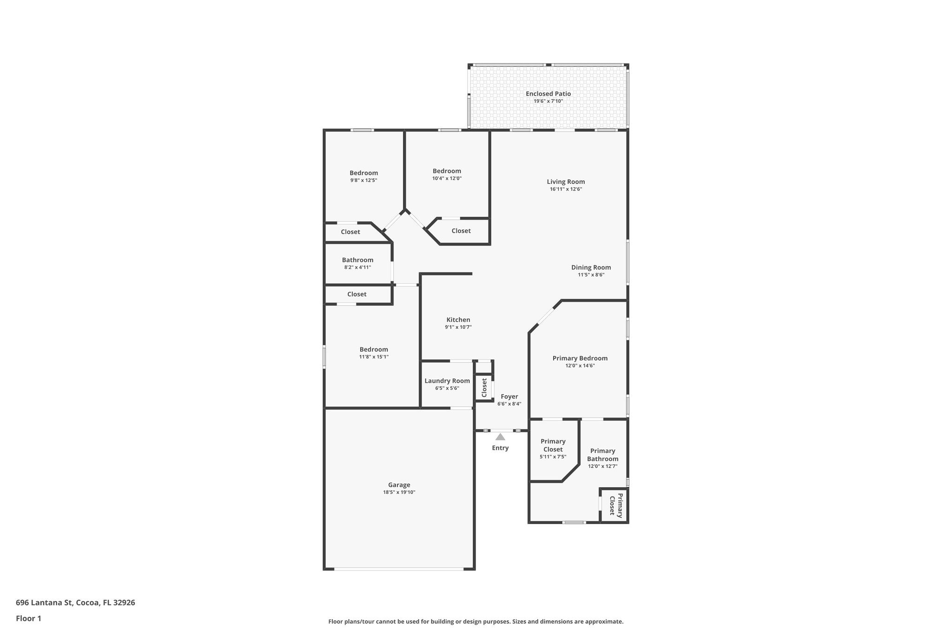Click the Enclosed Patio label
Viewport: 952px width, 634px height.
(548, 94)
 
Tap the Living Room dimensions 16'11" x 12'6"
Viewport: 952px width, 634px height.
(565, 190)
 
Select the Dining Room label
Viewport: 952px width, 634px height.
(591, 268)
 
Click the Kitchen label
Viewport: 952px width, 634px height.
(458, 320)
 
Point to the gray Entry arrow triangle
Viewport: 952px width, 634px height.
(500, 437)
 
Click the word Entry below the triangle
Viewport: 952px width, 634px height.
(500, 448)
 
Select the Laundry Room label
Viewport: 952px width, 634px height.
(447, 381)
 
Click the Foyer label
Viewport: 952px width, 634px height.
(509, 397)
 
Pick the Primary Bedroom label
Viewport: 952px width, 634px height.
(580, 359)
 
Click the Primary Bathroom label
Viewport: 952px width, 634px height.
(602, 455)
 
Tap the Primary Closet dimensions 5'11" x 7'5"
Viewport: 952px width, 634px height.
(553, 457)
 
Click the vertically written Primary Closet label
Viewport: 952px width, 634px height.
(615, 505)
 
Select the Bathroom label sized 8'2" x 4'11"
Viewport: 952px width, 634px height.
(357, 260)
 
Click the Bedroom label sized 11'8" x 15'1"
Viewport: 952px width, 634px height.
(373, 350)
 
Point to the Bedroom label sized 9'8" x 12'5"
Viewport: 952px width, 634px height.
(364, 173)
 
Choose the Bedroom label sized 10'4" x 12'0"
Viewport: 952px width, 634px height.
(447, 171)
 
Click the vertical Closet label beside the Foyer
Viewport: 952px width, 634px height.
(484, 388)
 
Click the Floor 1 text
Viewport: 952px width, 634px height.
(28, 618)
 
